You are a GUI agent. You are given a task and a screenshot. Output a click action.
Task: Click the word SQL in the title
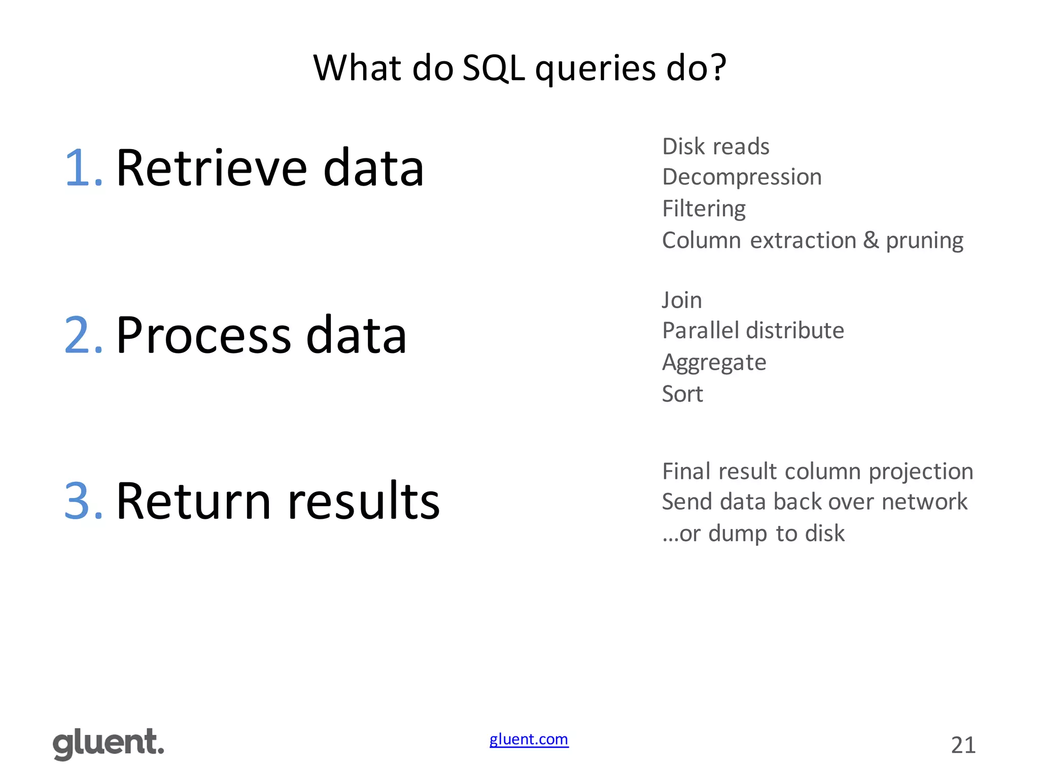[x=493, y=68]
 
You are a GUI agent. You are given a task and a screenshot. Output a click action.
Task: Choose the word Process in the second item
[x=204, y=336]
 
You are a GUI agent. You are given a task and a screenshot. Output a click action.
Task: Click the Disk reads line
[x=715, y=147]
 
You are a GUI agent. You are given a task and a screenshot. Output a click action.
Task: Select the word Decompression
[x=741, y=178]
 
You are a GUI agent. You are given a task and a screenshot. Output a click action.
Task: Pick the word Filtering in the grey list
[x=704, y=208]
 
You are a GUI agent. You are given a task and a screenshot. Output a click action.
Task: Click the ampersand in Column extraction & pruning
[x=871, y=240]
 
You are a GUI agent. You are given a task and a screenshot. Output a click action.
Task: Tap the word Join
[x=682, y=300]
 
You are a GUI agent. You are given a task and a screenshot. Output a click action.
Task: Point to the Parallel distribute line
[x=753, y=331]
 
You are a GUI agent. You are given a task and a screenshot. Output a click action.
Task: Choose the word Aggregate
[x=714, y=363]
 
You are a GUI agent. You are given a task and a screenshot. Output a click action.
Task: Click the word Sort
[x=682, y=394]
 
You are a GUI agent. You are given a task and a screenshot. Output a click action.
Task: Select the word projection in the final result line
[x=920, y=472]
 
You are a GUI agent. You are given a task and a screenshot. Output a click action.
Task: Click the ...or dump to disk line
[x=753, y=534]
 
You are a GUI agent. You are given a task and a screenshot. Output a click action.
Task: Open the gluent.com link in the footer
[x=529, y=739]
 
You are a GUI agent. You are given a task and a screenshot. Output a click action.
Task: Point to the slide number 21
[x=963, y=745]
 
